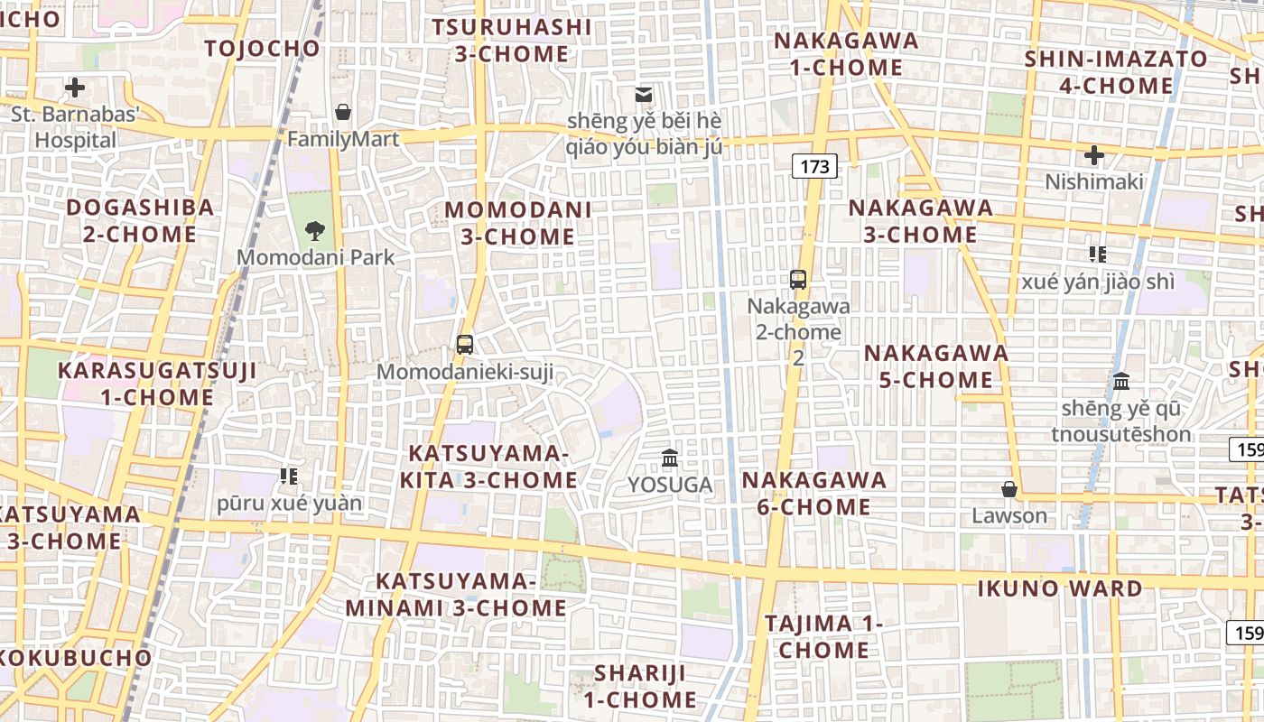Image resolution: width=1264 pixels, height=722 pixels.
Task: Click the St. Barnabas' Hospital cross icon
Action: click(75, 88)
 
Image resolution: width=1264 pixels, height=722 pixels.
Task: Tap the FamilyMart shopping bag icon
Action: click(343, 113)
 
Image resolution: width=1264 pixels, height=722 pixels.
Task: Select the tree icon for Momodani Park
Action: click(315, 230)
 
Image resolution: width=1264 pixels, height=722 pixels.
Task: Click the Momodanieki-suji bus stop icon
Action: click(465, 344)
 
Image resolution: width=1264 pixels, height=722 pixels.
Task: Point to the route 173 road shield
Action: click(814, 166)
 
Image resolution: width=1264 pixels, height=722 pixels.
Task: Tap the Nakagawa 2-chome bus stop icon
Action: click(798, 279)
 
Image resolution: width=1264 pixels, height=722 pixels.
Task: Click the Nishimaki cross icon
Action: click(1094, 155)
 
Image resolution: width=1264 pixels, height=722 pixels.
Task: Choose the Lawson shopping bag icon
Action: click(1009, 489)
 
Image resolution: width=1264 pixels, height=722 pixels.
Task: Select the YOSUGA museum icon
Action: click(670, 458)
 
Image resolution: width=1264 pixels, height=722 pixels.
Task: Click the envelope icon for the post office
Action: click(644, 94)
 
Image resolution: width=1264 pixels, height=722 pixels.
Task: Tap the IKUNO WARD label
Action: click(1060, 589)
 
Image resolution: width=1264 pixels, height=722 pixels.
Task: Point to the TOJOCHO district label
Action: click(263, 49)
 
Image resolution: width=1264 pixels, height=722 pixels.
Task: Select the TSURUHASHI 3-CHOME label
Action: click(512, 41)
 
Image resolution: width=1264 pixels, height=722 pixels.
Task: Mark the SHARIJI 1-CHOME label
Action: click(639, 686)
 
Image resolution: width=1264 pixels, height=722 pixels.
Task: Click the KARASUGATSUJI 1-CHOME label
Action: click(144, 384)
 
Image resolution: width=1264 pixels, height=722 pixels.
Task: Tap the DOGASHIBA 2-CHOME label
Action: click(140, 221)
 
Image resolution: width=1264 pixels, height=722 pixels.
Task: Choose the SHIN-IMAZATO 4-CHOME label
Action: click(1115, 72)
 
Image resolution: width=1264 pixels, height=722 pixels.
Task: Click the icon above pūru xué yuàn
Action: click(289, 476)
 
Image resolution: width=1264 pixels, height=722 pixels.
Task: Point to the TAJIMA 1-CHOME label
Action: click(823, 636)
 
